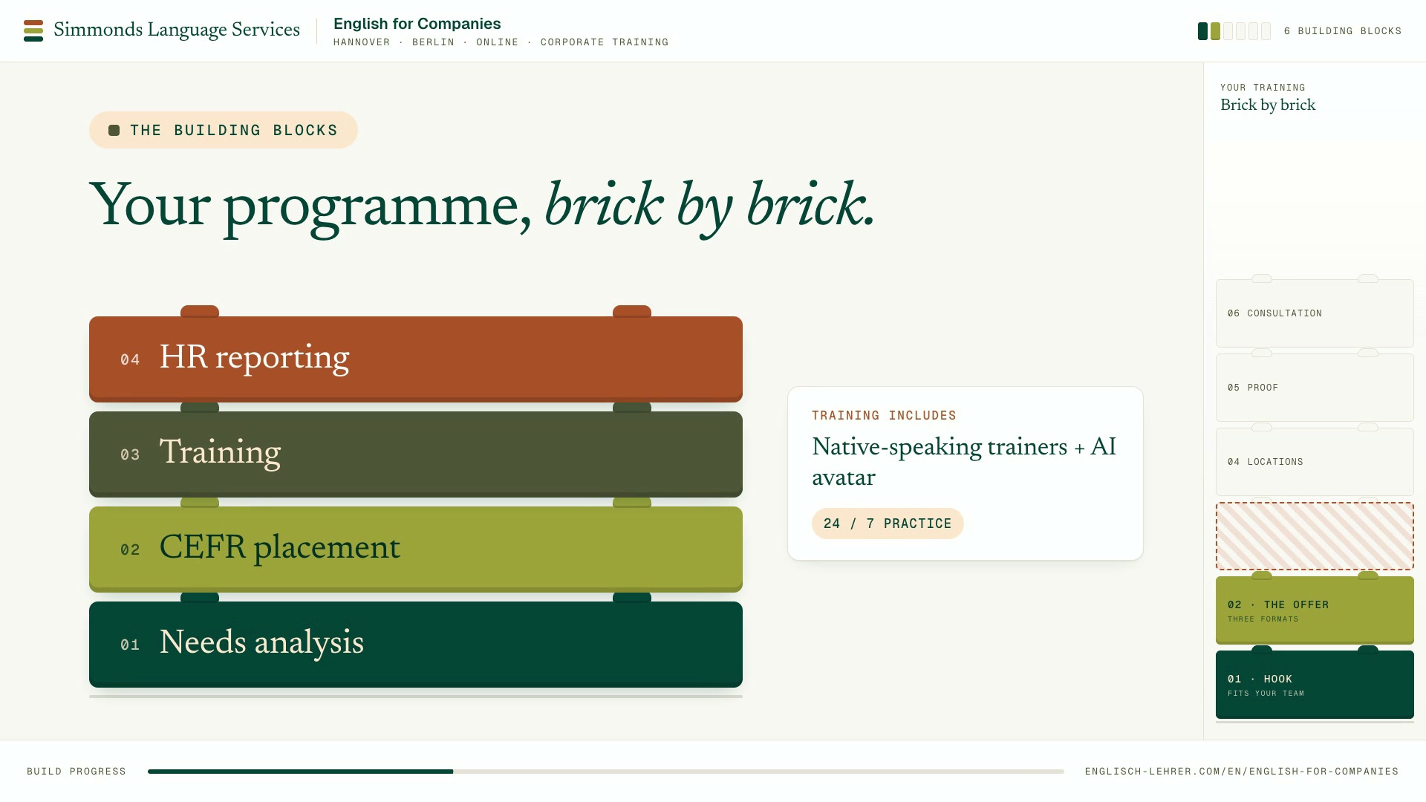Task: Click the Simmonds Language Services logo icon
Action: click(x=33, y=30)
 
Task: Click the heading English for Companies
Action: click(x=417, y=24)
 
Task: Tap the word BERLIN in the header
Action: click(x=433, y=42)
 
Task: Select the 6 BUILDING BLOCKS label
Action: click(x=1342, y=31)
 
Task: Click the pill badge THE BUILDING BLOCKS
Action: click(x=224, y=130)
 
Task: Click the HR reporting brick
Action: click(x=416, y=359)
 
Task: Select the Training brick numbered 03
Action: click(x=416, y=454)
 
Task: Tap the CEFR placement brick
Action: click(x=416, y=549)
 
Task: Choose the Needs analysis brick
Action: click(x=416, y=644)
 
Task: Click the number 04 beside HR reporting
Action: click(x=130, y=360)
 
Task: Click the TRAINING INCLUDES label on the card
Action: click(x=884, y=416)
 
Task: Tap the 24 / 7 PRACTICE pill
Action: click(x=888, y=524)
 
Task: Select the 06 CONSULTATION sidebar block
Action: click(x=1315, y=313)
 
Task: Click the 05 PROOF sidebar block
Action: click(x=1315, y=388)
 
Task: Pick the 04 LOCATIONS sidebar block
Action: click(x=1315, y=462)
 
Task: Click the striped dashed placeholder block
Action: click(x=1315, y=536)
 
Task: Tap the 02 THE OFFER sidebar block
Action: click(x=1315, y=610)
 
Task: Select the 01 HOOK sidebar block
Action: click(x=1315, y=685)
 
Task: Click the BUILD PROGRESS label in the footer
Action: click(x=76, y=772)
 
